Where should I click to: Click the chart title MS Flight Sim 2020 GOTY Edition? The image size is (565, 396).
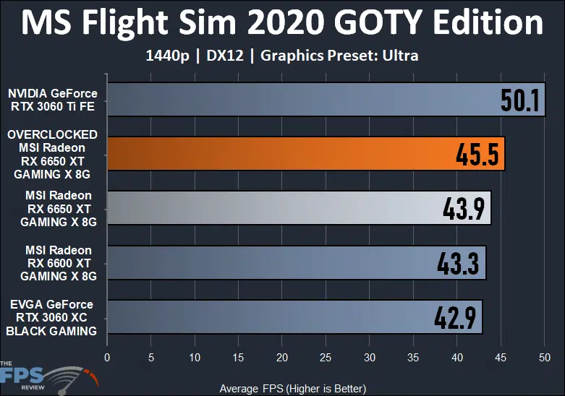click(x=282, y=23)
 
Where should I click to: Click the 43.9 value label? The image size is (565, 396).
click(x=464, y=209)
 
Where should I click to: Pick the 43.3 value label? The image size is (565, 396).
click(x=459, y=263)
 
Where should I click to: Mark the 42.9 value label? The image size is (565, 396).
click(x=456, y=317)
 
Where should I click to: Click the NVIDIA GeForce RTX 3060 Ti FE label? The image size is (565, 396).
click(x=52, y=100)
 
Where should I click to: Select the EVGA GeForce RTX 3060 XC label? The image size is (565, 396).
click(x=52, y=317)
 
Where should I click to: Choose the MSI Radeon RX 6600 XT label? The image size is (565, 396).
click(x=58, y=263)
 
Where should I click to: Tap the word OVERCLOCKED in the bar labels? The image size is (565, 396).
click(x=52, y=134)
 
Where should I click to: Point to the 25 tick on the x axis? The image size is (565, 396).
click(x=326, y=357)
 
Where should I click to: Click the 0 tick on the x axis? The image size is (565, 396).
click(x=107, y=357)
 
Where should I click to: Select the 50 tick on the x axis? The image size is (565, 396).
click(x=544, y=357)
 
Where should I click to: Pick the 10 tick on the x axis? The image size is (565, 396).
click(x=195, y=357)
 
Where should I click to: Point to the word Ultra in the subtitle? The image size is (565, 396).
click(x=402, y=56)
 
